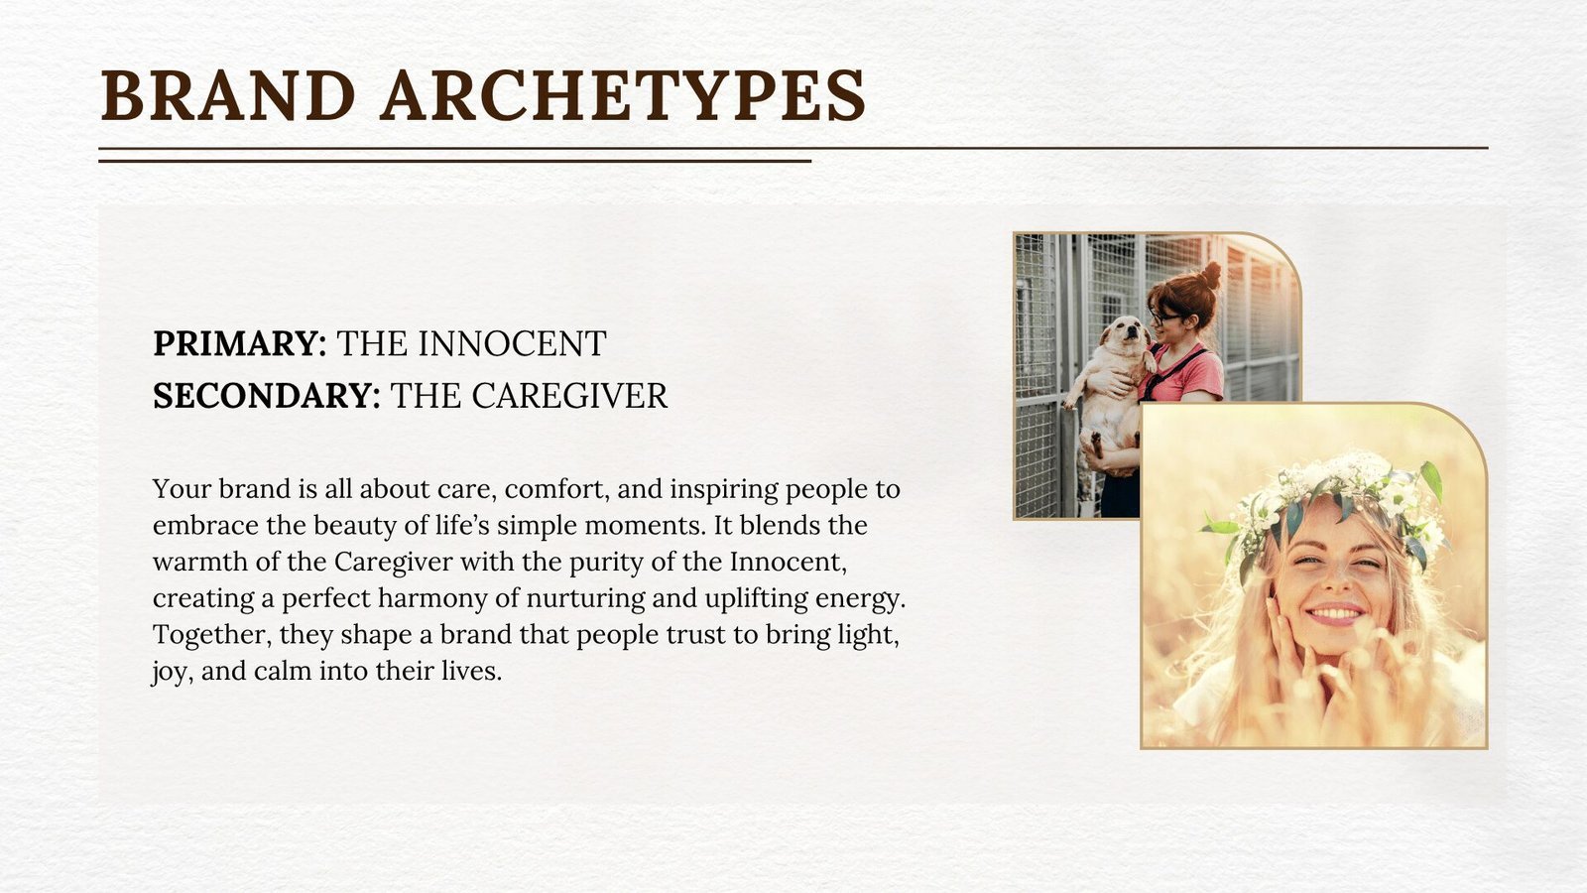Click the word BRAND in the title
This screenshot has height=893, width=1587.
click(228, 95)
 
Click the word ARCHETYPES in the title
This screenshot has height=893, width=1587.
click(623, 95)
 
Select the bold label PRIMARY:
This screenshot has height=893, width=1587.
click(239, 343)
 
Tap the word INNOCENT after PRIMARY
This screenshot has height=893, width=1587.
click(512, 343)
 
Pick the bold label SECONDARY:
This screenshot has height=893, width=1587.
click(267, 396)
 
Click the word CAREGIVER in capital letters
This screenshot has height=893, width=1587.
click(569, 396)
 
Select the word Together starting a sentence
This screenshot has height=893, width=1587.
click(212, 635)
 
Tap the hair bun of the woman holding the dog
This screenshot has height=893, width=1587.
click(1210, 274)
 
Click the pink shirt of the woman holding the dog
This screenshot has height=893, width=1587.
click(1184, 374)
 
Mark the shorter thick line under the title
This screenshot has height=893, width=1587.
click(455, 161)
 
